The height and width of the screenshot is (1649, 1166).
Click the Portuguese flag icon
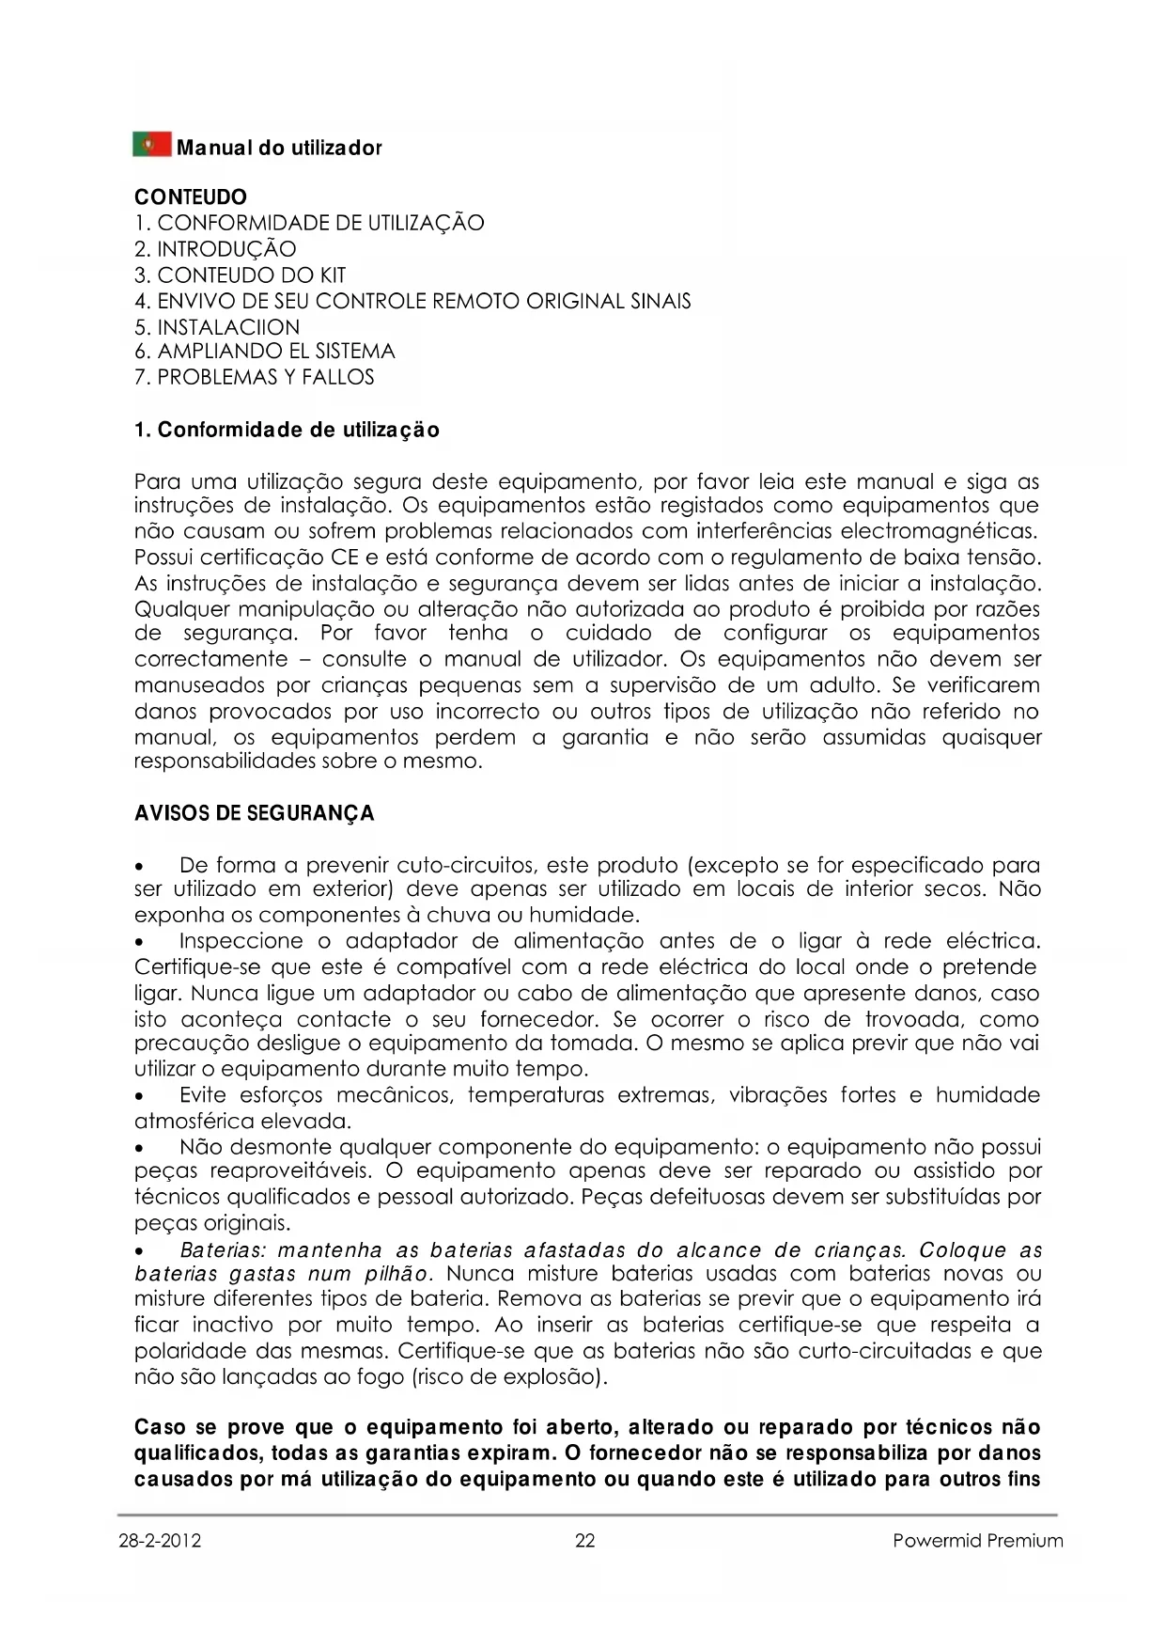(x=152, y=146)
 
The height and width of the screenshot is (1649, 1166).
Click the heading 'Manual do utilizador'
(x=279, y=149)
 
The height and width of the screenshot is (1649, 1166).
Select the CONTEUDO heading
(x=191, y=197)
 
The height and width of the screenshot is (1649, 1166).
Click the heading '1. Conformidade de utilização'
(x=287, y=431)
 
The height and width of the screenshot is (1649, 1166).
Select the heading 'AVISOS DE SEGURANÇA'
(x=255, y=813)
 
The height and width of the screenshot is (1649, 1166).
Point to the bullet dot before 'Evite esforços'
(x=140, y=1097)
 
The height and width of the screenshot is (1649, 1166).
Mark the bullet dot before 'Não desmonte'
(x=140, y=1149)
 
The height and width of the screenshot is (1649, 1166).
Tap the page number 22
(x=584, y=1541)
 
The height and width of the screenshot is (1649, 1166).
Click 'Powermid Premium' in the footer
(x=978, y=1541)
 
